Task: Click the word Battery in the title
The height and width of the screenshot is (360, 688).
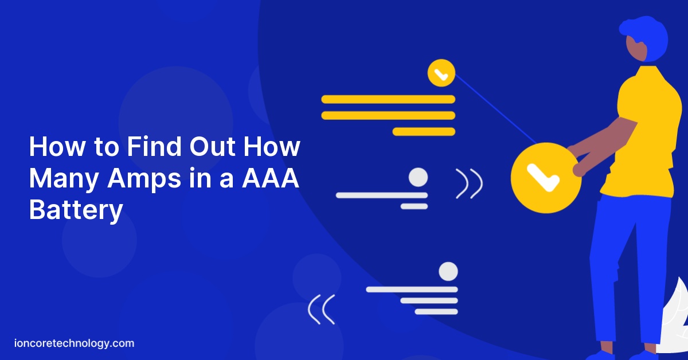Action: pyautogui.click(x=76, y=210)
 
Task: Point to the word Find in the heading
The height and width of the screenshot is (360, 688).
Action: pyautogui.click(x=151, y=147)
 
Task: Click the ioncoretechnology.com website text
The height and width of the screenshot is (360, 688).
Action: pyautogui.click(x=74, y=343)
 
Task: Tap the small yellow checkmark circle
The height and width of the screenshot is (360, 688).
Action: pyautogui.click(x=441, y=73)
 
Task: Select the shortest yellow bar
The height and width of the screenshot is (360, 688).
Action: pyautogui.click(x=423, y=131)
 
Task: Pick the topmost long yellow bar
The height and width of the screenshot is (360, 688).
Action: pyautogui.click(x=388, y=99)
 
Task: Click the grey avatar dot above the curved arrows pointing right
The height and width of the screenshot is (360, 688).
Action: pyautogui.click(x=419, y=177)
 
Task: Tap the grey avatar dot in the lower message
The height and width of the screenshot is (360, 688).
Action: pyautogui.click(x=448, y=271)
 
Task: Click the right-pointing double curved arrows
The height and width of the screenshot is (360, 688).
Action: pyautogui.click(x=469, y=183)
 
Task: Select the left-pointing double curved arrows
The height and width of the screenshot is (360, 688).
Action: pyautogui.click(x=321, y=310)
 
